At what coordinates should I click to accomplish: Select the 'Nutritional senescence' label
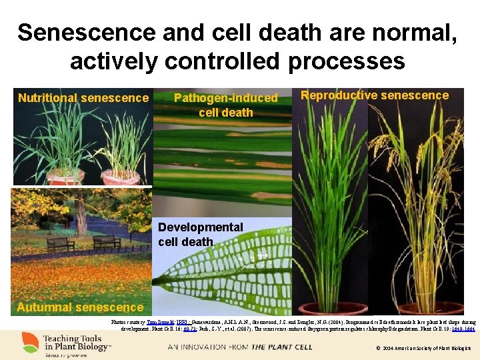coord(83,98)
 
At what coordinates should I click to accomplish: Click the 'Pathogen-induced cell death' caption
coord(225,105)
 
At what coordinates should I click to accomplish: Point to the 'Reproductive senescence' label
coord(375,95)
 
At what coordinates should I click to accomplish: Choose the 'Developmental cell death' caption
coord(200,234)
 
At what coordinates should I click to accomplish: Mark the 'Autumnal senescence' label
coord(80,307)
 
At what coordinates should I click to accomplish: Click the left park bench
coord(61,243)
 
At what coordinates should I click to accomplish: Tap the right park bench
coord(106,241)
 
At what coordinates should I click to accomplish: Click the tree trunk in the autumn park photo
coord(81,220)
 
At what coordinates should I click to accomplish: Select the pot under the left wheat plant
coord(65,177)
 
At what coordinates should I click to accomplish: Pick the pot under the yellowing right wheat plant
coord(120,177)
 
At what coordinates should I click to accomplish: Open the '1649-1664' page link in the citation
coord(465,329)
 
